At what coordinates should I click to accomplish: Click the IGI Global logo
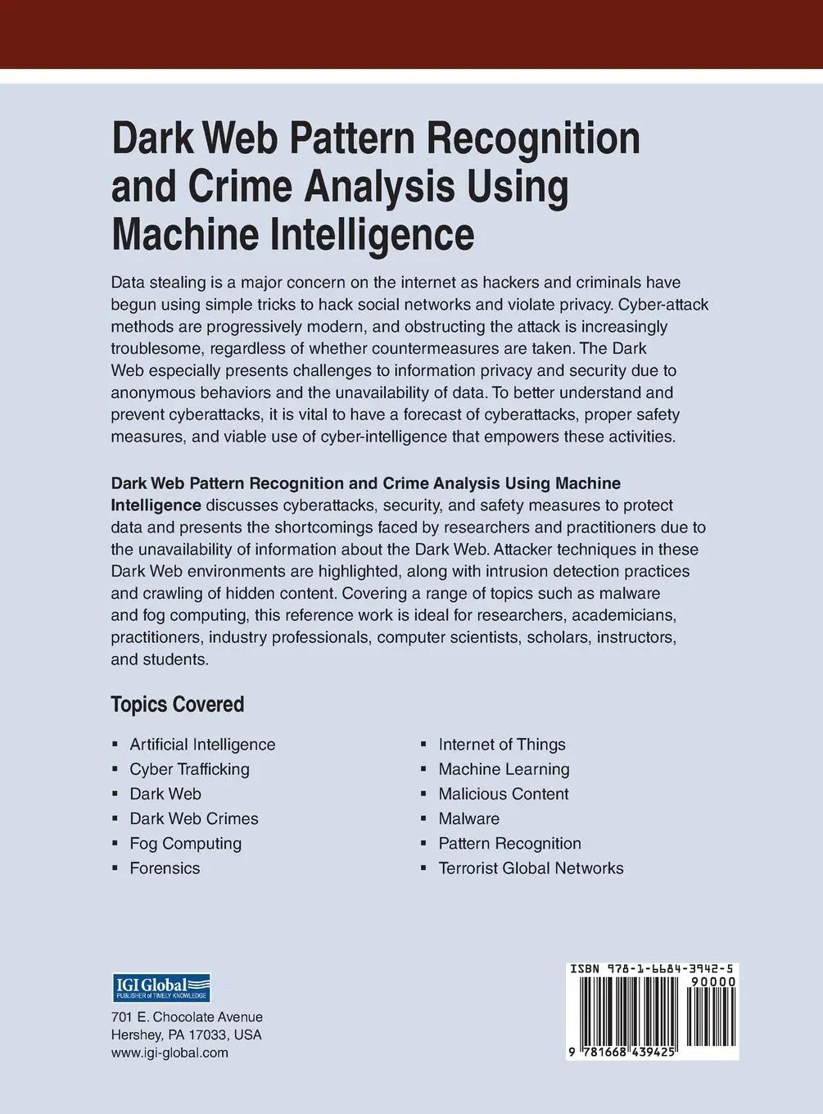coord(161,988)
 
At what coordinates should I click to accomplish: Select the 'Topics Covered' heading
coord(178,704)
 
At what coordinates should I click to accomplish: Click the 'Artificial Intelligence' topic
coord(202,745)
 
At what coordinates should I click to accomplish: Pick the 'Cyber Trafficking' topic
coord(189,769)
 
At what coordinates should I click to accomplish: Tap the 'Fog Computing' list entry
coord(185,843)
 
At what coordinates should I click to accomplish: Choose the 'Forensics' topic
coord(165,867)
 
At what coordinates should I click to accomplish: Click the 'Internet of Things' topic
coord(502,745)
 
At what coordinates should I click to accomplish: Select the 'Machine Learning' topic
coord(504,769)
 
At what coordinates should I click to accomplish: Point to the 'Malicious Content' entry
coord(504,794)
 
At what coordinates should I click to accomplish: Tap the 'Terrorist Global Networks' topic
coord(531,867)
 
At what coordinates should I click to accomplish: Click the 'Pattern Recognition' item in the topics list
coord(509,843)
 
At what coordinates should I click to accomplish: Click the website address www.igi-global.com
coord(170,1053)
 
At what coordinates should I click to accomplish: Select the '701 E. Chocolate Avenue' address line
coord(187,1017)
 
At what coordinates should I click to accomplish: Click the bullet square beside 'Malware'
coord(423,819)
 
